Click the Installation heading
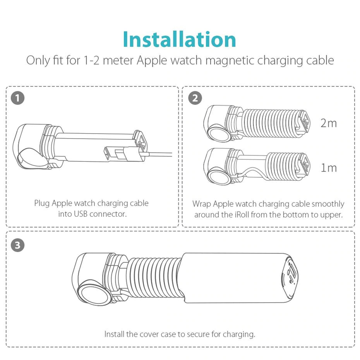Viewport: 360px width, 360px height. pyautogui.click(x=179, y=39)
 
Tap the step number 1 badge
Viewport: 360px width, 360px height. pyautogui.click(x=18, y=98)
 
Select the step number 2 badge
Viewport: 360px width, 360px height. pyautogui.click(x=195, y=98)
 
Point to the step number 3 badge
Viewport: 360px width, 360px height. pyautogui.click(x=18, y=245)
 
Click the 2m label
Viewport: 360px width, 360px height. pyautogui.click(x=329, y=123)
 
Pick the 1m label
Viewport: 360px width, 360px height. pyautogui.click(x=329, y=168)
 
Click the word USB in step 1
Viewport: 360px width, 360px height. pyautogui.click(x=81, y=214)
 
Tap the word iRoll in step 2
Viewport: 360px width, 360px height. pyautogui.click(x=242, y=215)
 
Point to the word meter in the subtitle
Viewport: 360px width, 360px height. pyautogui.click(x=118, y=61)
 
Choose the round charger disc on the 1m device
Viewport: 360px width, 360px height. pyautogui.click(x=219, y=177)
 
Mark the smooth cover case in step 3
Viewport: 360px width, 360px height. pyautogui.click(x=239, y=278)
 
